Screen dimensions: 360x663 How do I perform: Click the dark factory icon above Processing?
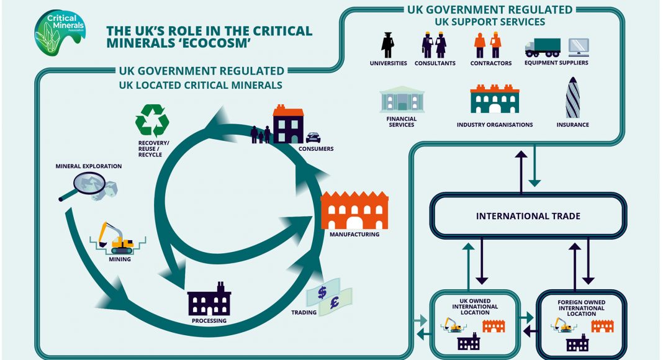(x=209, y=300)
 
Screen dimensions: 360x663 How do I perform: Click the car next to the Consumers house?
(x=313, y=137)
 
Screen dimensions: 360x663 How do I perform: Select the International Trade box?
(x=528, y=216)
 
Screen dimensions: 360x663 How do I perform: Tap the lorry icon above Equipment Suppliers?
(x=542, y=47)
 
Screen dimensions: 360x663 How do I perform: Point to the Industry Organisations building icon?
(x=494, y=99)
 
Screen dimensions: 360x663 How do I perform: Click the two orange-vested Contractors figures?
(x=487, y=45)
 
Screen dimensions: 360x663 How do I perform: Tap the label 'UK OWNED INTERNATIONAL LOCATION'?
(x=475, y=307)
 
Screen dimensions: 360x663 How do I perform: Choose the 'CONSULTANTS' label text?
(x=435, y=63)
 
